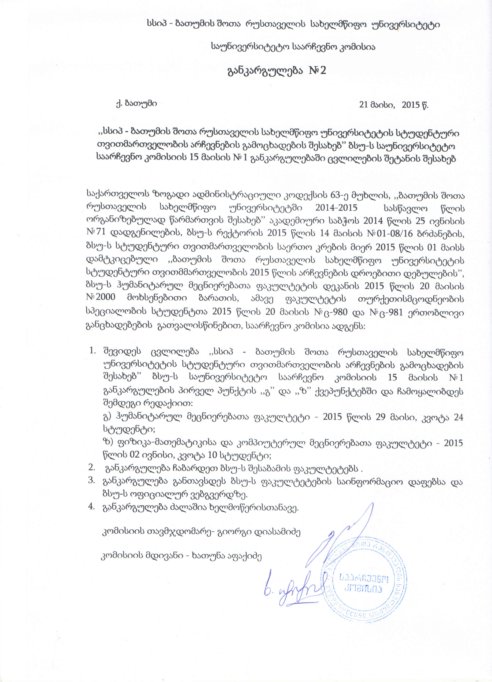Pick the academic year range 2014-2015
click(x=336, y=208)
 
